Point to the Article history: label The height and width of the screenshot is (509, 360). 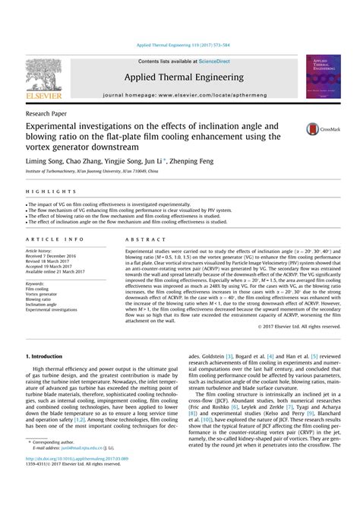coord(43,251)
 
